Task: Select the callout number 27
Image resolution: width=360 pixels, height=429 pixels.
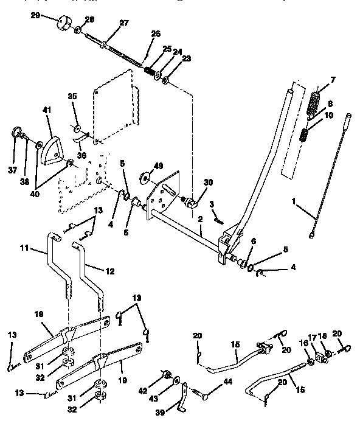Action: click(x=124, y=23)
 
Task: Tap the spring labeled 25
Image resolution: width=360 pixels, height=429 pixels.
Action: click(x=149, y=71)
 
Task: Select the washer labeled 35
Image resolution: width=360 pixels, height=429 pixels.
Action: click(x=77, y=129)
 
